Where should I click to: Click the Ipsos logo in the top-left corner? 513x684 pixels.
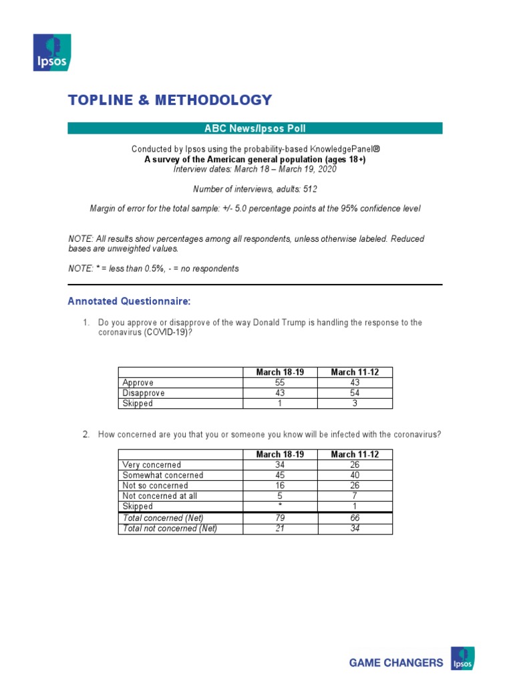point(52,52)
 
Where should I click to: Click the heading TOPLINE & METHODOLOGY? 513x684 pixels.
point(170,100)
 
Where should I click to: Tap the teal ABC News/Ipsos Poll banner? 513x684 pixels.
point(254,128)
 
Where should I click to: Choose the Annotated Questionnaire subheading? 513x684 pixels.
point(129,302)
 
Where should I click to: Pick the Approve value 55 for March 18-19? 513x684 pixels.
point(280,383)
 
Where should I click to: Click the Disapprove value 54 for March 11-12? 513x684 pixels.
point(355,393)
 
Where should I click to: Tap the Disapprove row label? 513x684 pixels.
point(144,393)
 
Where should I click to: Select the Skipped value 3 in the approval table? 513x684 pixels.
point(355,403)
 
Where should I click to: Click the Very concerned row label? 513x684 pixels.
point(152,465)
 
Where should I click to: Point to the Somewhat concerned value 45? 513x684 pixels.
point(280,476)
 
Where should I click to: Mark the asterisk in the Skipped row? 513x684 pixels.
point(280,506)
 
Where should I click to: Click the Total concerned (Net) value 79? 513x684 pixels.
point(280,518)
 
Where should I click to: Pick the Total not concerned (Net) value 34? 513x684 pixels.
point(355,528)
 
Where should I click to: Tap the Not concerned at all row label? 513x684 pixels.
point(160,496)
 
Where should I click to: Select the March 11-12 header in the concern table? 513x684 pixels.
point(355,454)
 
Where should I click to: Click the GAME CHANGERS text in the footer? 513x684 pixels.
point(396,663)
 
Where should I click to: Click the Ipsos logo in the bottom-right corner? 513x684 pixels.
point(463,659)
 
